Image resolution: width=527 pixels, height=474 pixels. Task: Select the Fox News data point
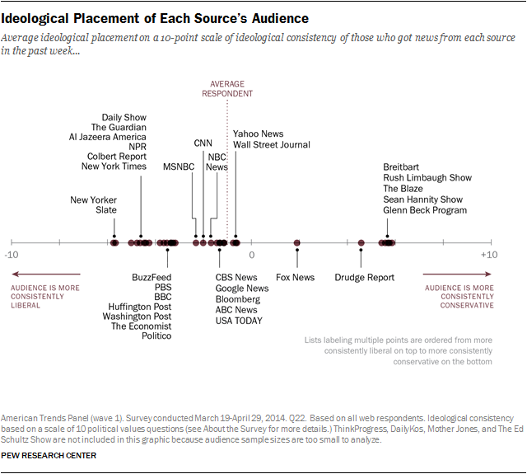pos(297,242)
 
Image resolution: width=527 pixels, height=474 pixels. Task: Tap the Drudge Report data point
pos(361,242)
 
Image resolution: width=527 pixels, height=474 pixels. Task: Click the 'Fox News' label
pos(295,278)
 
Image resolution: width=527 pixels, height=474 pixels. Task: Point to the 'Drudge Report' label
pos(364,278)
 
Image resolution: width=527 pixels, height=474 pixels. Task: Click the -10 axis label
pos(11,256)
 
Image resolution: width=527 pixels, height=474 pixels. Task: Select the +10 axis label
pos(489,256)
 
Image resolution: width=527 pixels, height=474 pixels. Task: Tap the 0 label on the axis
pos(252,256)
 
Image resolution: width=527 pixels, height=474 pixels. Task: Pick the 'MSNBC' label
pos(178,167)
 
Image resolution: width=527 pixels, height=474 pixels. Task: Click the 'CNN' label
pos(203,143)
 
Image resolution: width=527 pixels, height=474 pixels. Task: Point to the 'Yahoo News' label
pos(258,134)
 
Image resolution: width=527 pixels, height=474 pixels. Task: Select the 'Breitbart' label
pos(401,167)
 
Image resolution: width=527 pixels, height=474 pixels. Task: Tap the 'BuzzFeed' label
pos(152,278)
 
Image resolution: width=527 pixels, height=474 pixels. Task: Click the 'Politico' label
pos(156,336)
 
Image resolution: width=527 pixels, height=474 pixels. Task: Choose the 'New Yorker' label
pos(93,199)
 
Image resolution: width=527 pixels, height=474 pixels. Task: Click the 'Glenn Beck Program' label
pos(425,210)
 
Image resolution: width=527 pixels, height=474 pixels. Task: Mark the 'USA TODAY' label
pos(239,321)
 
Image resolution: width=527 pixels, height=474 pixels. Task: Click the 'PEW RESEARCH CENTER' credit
pos(49,456)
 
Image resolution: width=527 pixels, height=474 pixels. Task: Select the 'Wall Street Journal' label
pos(272,145)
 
